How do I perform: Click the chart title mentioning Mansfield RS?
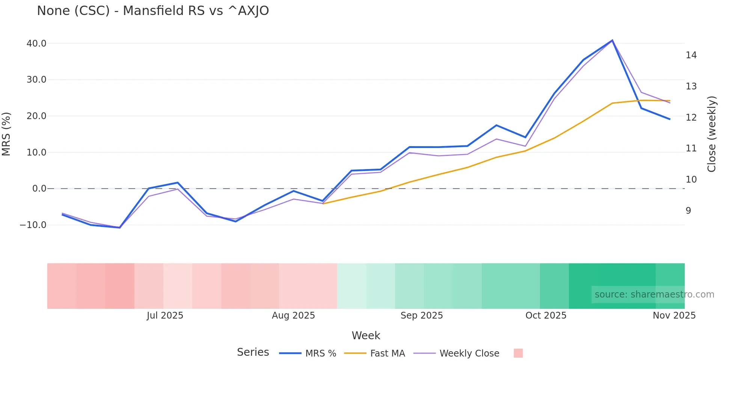[x=153, y=11]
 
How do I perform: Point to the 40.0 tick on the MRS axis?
[x=36, y=44]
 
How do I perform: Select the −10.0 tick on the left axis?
[x=33, y=225]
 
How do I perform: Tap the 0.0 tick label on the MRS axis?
[x=39, y=189]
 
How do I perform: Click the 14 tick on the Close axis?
[x=691, y=55]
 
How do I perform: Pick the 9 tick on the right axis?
[x=688, y=211]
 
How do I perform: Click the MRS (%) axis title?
[x=6, y=134]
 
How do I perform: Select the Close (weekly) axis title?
[x=712, y=134]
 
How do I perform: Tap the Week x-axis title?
[x=366, y=335]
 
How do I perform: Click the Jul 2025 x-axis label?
[x=165, y=316]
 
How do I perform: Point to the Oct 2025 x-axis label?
[x=546, y=316]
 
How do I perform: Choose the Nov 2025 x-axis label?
[x=674, y=316]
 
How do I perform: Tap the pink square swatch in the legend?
[x=518, y=353]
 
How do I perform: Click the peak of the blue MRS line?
[x=612, y=40]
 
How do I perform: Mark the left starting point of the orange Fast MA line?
[x=323, y=204]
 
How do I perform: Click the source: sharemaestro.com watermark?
[x=654, y=295]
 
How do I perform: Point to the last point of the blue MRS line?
[x=670, y=119]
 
